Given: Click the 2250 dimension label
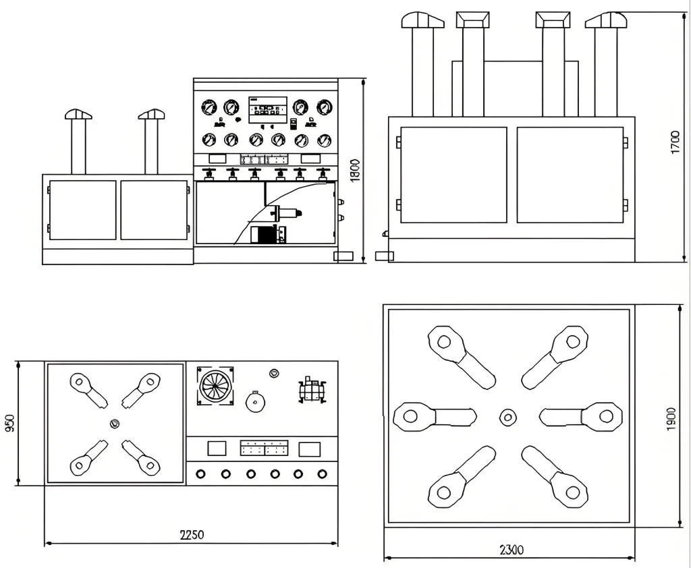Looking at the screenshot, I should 192,535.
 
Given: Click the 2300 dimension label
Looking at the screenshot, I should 512,550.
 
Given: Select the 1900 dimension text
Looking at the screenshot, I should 670,420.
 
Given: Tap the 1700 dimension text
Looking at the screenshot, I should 675,142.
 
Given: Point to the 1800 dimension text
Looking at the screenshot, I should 356,169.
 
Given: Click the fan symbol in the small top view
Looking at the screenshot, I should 215,387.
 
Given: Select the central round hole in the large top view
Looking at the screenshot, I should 507,417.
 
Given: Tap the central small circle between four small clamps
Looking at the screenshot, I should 114,424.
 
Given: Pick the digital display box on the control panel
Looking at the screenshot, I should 268,110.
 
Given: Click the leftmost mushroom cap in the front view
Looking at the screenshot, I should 78,114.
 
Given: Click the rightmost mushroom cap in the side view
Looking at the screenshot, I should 605,20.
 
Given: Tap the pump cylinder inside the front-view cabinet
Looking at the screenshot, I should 285,213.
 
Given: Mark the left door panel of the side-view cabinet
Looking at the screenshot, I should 453,175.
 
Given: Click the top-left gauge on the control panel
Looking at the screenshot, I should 209,107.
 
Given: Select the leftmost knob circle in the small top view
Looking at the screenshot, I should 201,474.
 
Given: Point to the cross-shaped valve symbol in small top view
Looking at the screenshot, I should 312,389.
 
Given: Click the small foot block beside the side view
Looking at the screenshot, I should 384,256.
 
